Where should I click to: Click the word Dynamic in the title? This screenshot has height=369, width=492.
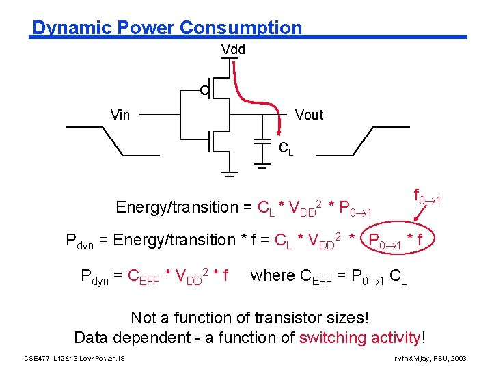click(x=71, y=28)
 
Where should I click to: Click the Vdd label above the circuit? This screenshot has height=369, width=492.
click(x=233, y=49)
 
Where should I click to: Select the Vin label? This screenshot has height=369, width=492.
click(x=120, y=115)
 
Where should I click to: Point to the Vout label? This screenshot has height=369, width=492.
click(x=309, y=115)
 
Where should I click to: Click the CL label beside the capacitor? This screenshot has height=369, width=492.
click(x=286, y=148)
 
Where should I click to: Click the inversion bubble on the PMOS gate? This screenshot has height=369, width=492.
click(x=204, y=90)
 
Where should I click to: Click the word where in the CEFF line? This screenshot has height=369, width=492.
click(x=273, y=275)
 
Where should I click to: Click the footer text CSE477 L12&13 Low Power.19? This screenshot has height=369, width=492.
click(x=74, y=358)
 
